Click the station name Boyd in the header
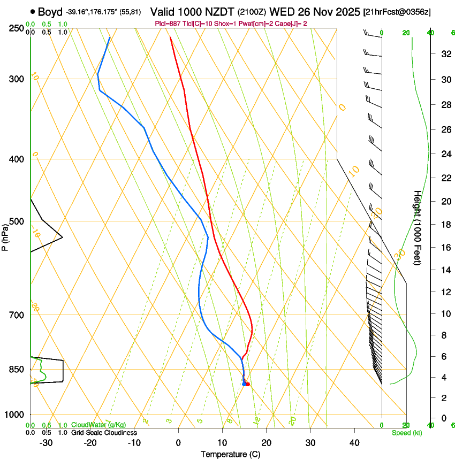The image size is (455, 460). click(x=50, y=12)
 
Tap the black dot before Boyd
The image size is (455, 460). click(x=33, y=11)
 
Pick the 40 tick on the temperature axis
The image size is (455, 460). click(x=354, y=443)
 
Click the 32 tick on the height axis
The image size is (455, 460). click(x=444, y=54)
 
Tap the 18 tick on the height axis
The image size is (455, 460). click(x=444, y=225)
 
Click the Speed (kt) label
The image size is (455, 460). click(x=406, y=433)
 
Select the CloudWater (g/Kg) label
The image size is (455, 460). click(x=99, y=425)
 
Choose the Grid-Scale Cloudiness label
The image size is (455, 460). click(x=104, y=433)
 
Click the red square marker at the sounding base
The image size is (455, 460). click(x=247, y=384)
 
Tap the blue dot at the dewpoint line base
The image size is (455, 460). click(x=244, y=384)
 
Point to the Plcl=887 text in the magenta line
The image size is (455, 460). click(x=168, y=24)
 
